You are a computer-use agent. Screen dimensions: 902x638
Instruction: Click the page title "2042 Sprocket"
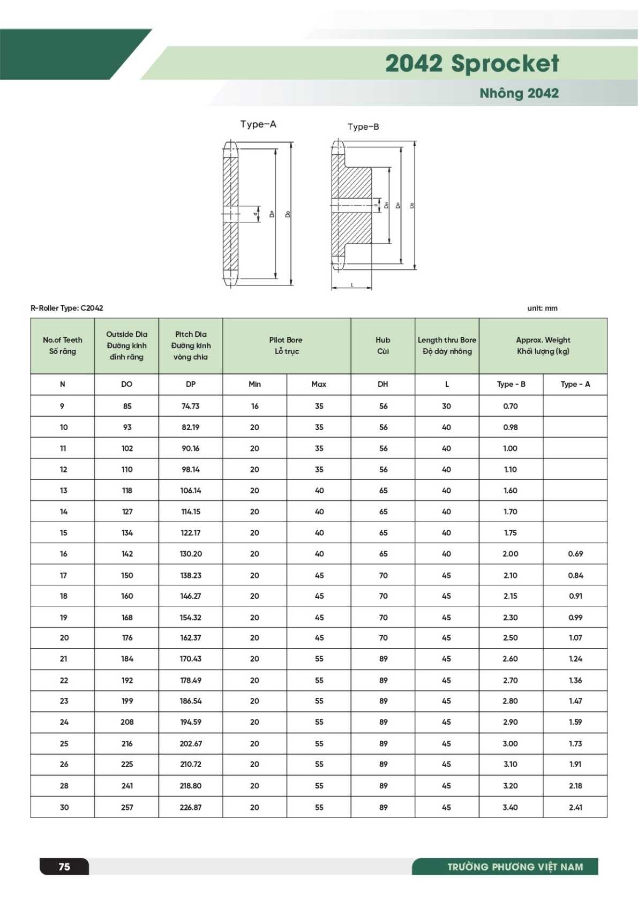[x=471, y=63]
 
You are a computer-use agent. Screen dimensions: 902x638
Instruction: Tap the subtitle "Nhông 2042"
[x=519, y=93]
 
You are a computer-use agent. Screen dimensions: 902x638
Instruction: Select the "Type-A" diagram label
[x=258, y=124]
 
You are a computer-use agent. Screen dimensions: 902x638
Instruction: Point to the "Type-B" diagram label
[x=363, y=127]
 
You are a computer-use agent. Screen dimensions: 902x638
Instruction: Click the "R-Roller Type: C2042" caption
[x=67, y=308]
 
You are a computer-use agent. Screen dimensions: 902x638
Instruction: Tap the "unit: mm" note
[x=542, y=308]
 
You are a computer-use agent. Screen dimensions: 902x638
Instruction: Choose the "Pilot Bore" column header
[x=286, y=340]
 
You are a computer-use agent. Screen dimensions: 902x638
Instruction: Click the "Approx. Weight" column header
[x=543, y=340]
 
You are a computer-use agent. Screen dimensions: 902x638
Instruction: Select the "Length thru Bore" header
[x=447, y=340]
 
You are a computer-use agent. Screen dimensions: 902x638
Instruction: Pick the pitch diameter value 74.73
[x=191, y=406]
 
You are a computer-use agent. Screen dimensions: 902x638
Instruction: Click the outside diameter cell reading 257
[x=127, y=807]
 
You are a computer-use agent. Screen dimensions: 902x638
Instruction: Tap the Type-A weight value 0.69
[x=575, y=554]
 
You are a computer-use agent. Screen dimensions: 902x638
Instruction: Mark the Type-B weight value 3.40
[x=511, y=807]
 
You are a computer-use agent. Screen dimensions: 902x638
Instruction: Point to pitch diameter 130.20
[x=191, y=554]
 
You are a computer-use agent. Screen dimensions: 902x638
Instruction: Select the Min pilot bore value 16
[x=254, y=406]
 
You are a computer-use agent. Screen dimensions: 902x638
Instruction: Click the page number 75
[x=64, y=867]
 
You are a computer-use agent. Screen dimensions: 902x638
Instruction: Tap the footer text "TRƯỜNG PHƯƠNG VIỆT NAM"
[x=515, y=867]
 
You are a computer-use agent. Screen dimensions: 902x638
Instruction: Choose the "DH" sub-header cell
[x=383, y=384]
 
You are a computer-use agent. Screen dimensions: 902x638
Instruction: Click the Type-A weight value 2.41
[x=575, y=807]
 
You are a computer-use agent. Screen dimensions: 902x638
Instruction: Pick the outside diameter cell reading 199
[x=127, y=701]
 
